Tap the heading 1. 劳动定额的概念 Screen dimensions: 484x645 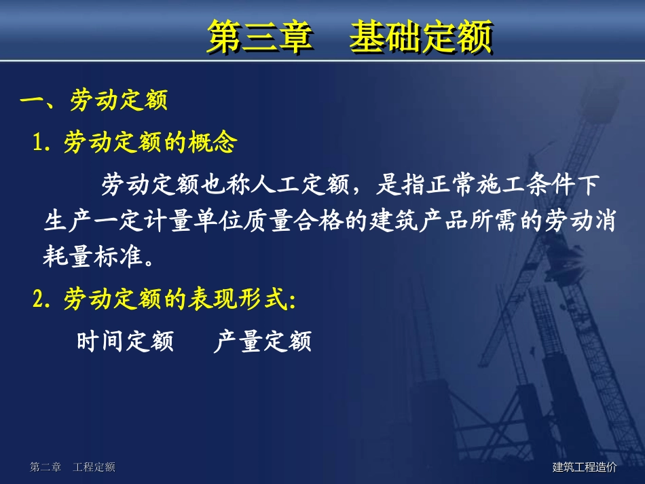136,142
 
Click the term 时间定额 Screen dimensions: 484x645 125,341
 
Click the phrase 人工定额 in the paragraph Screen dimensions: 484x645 300,183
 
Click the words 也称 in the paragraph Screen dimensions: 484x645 225,183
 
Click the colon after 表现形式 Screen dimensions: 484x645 292,300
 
